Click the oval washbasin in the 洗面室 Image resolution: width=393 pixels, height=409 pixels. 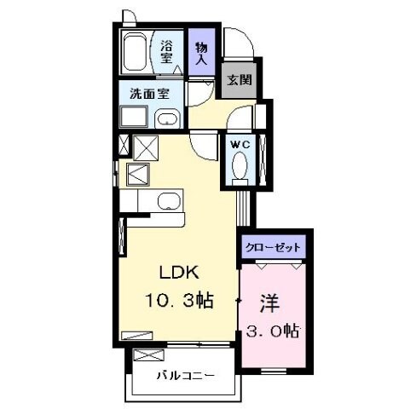168,118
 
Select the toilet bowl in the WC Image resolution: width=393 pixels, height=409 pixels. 239,164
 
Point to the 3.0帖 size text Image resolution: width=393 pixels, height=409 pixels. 272,329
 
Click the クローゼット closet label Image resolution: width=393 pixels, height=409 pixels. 273,247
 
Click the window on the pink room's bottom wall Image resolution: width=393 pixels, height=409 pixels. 272,371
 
